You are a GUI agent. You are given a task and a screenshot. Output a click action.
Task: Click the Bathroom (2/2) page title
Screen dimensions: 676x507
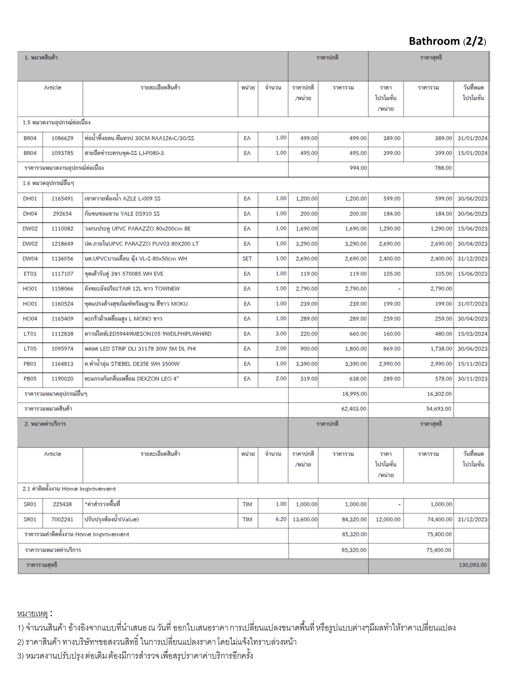pos(447,41)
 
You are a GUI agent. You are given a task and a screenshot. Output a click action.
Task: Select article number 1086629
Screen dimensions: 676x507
pos(62,138)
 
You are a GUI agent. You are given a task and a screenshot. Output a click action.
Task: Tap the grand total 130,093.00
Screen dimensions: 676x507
pos(472,565)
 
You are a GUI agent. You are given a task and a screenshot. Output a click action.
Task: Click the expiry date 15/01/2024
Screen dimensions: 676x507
pos(472,153)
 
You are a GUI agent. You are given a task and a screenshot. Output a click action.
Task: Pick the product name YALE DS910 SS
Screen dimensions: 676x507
pos(122,214)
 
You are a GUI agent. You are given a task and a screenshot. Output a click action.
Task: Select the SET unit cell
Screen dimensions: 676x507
pos(247,259)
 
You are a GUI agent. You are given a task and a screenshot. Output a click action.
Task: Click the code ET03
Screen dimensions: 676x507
pos(30,274)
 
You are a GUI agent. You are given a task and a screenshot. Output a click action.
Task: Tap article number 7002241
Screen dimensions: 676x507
pos(62,520)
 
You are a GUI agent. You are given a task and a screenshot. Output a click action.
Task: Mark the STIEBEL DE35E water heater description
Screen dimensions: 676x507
pos(132,364)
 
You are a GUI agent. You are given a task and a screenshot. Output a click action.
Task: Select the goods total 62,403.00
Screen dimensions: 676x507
pos(354,409)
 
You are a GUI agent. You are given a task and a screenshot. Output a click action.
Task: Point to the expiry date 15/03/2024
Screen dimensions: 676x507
pos(472,334)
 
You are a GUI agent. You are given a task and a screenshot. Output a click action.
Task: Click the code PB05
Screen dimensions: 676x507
pos(30,379)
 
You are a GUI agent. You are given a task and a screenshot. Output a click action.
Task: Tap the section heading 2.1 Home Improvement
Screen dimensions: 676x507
pos(69,489)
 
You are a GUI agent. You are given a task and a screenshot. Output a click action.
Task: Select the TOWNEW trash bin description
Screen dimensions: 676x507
pos(132,289)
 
